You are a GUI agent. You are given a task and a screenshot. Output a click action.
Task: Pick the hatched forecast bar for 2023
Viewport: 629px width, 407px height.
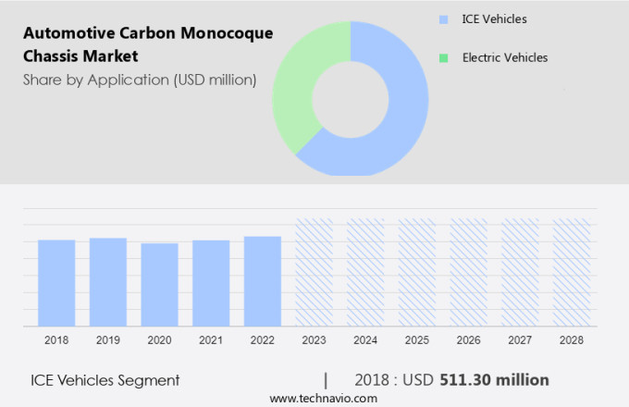point(314,272)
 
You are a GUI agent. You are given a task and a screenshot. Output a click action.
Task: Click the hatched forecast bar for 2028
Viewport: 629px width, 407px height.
point(572,272)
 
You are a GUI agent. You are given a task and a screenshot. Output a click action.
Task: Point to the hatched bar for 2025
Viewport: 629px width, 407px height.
point(417,272)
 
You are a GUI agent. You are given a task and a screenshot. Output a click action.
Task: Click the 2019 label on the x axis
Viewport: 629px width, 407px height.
point(108,340)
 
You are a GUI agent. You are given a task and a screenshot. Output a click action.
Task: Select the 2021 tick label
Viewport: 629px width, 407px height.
point(211,340)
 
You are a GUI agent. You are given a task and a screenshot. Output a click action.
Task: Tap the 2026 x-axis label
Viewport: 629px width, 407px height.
point(468,340)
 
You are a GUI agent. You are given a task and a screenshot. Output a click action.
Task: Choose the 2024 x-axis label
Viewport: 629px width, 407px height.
point(365,340)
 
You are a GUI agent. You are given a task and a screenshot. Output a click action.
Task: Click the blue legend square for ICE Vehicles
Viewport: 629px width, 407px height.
point(444,18)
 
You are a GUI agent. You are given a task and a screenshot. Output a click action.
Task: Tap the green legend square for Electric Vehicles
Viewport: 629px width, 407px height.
point(444,57)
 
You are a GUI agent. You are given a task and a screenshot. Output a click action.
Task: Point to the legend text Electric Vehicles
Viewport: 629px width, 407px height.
point(504,57)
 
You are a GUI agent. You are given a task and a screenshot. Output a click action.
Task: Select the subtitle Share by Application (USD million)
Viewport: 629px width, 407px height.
point(140,80)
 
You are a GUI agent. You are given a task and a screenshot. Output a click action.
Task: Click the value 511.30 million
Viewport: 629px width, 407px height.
point(508,380)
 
